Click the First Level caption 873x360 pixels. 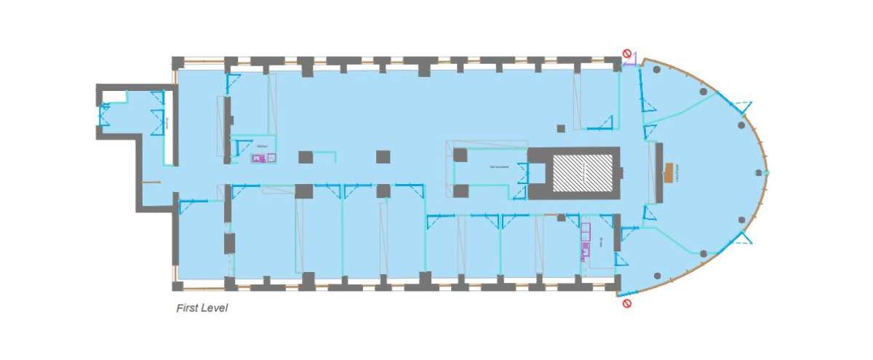coord(202,308)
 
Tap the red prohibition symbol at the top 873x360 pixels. coord(626,53)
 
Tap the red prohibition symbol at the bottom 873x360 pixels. coord(626,303)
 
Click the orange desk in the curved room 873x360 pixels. coord(669,172)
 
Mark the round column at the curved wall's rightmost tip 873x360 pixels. coord(760,172)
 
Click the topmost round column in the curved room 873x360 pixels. coord(657,69)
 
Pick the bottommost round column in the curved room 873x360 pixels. coord(657,276)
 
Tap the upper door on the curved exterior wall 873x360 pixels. coord(741,108)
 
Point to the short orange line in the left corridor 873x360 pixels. coord(151,182)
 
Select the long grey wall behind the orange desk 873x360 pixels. coord(658,173)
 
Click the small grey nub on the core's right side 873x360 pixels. coord(623,172)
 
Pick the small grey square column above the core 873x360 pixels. coord(560,129)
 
